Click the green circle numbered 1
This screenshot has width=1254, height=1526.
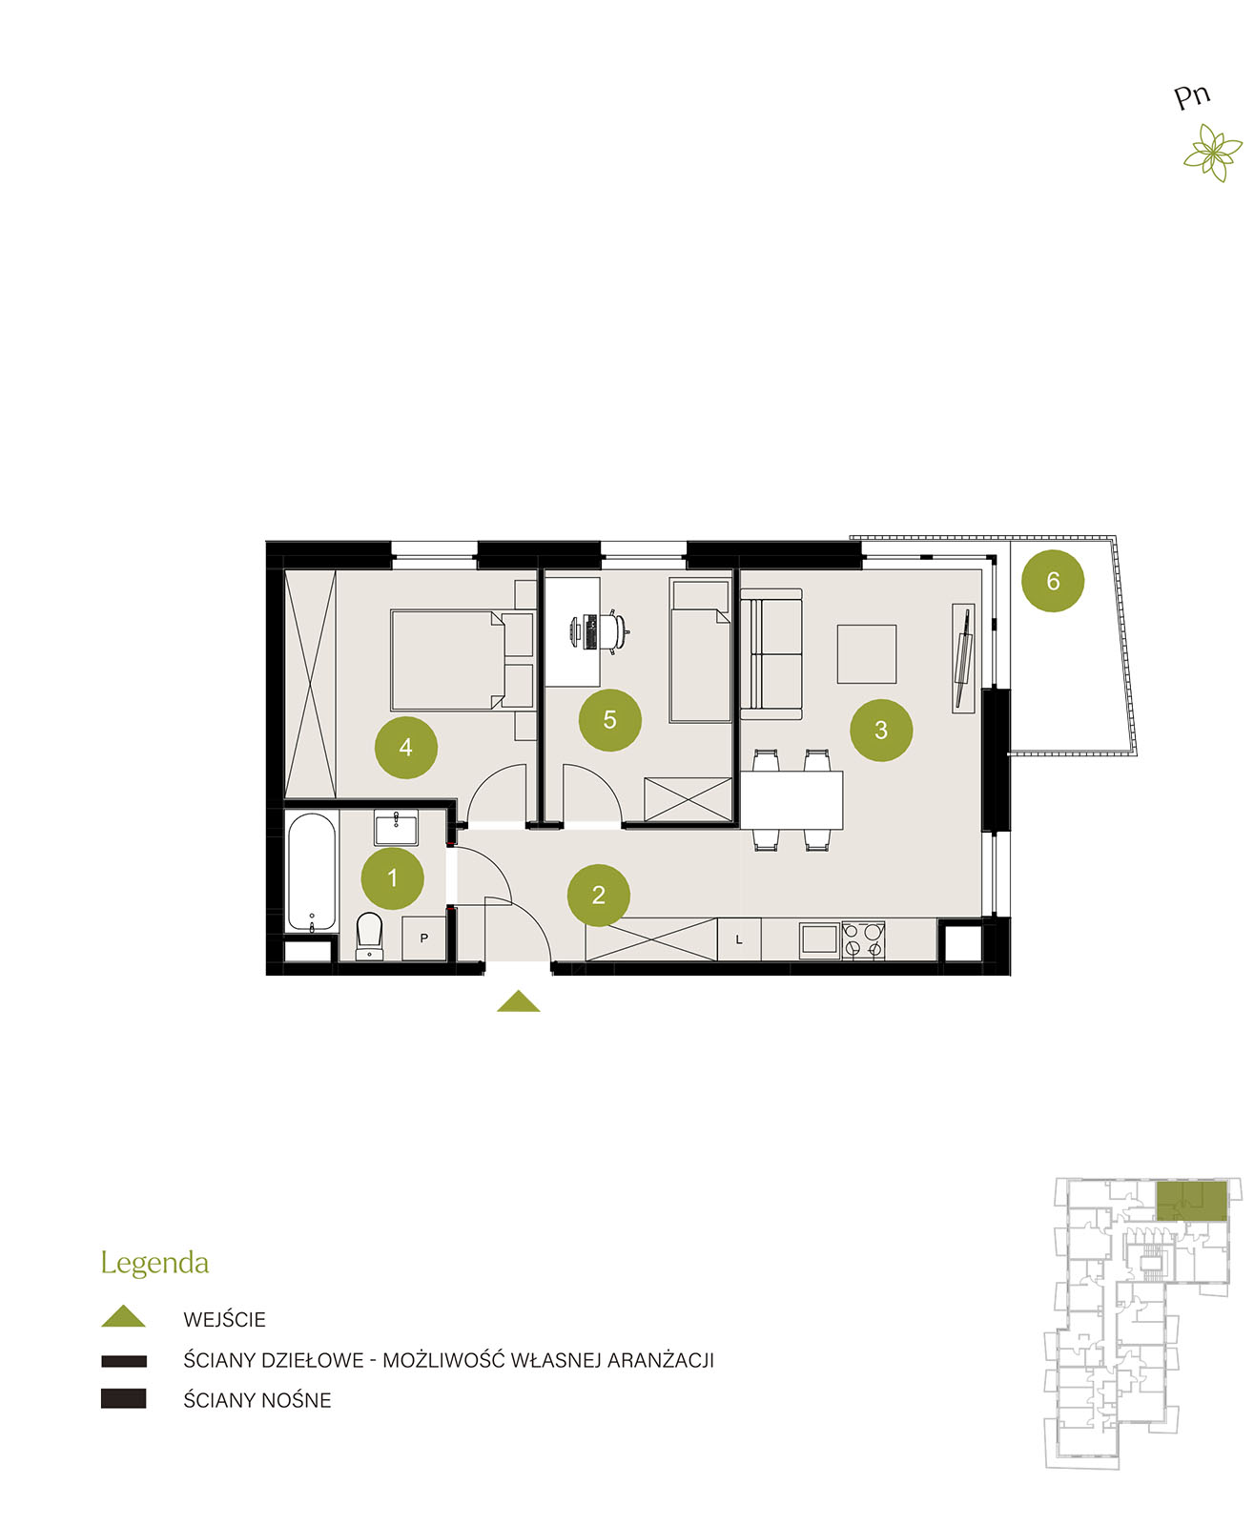(x=392, y=877)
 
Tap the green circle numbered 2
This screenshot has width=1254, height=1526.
(x=599, y=895)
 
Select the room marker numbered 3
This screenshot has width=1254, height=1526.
(x=880, y=730)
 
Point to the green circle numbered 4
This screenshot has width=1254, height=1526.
(x=405, y=748)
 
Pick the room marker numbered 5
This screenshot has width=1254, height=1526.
(x=610, y=719)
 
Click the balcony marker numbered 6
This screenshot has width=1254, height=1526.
(x=1052, y=580)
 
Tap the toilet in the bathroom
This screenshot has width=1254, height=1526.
(x=369, y=936)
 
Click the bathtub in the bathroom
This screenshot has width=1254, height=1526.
(x=312, y=872)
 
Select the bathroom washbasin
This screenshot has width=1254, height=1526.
(x=396, y=828)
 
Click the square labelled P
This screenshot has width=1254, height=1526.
(x=424, y=938)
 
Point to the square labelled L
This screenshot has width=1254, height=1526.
(x=739, y=939)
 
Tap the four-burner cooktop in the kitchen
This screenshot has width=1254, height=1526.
(x=863, y=939)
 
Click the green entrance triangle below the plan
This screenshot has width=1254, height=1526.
(x=518, y=1000)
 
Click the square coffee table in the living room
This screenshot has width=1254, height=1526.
(x=866, y=654)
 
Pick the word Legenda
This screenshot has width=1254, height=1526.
(x=154, y=1264)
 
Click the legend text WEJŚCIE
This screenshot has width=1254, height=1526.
(x=224, y=1319)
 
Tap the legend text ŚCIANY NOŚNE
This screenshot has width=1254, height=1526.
(x=257, y=1400)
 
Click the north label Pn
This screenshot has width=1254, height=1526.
(x=1192, y=96)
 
